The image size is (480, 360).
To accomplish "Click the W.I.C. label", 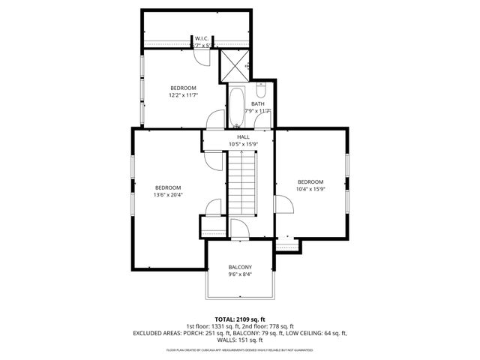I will point(201,38).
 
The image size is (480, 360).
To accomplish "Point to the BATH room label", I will point(257,104).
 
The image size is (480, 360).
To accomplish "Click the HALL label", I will point(243,137).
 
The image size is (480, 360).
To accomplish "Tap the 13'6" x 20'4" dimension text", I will point(168,195).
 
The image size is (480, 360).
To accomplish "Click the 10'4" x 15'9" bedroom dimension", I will point(310,189).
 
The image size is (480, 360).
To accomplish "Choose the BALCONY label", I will point(240,268).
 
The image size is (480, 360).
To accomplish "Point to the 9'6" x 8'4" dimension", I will point(240,275).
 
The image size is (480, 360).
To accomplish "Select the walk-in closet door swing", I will point(209,43).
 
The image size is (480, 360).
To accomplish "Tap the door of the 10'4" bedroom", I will point(283,205).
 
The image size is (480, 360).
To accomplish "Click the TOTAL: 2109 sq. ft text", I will point(240,319).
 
